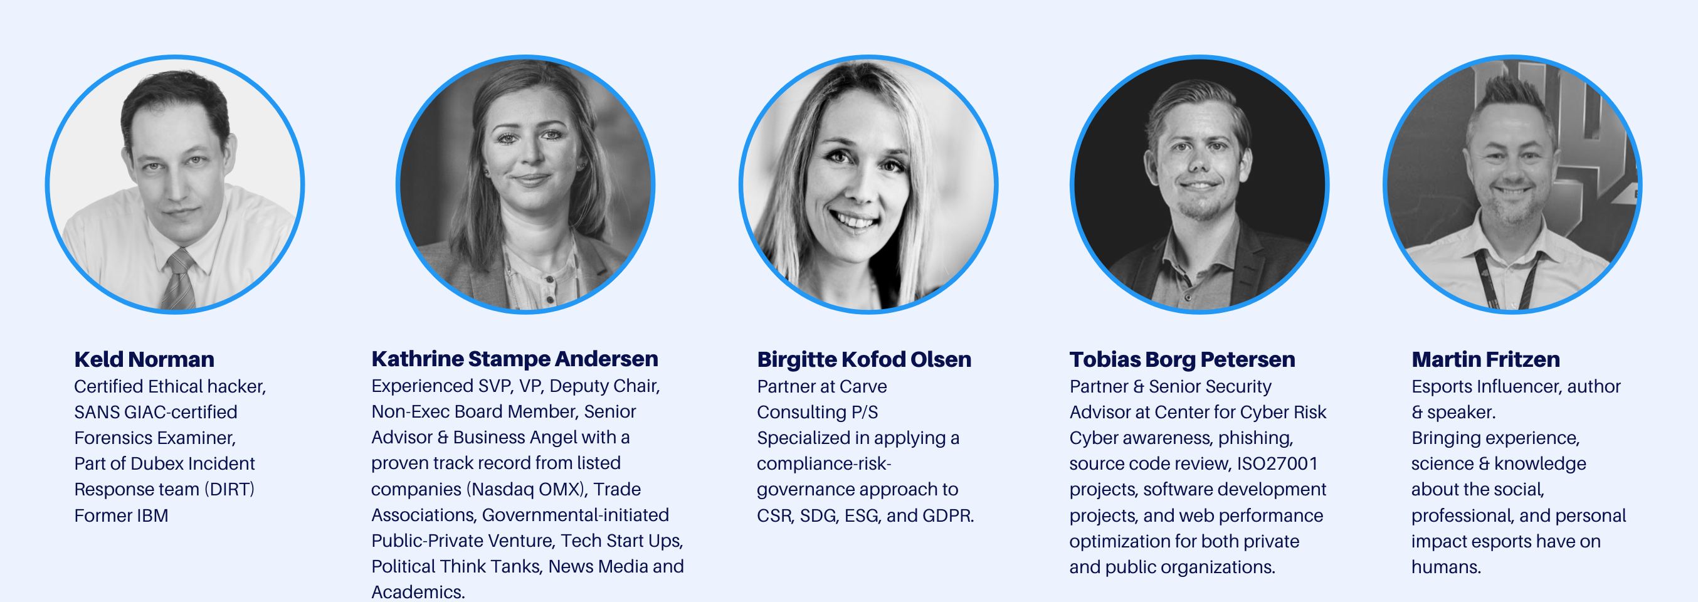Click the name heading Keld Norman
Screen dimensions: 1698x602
coord(144,359)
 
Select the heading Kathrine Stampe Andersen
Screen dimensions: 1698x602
coord(515,359)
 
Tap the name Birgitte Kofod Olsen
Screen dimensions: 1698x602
coord(864,359)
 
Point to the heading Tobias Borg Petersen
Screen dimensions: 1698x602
coord(1182,359)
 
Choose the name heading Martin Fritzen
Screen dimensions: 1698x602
coord(1486,359)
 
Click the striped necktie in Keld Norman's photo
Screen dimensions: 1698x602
coord(179,280)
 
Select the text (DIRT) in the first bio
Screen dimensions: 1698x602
coord(229,490)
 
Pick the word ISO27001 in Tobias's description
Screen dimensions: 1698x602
coord(1277,464)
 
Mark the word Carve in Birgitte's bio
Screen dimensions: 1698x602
coord(863,387)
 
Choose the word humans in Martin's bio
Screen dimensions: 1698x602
coord(1446,567)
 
